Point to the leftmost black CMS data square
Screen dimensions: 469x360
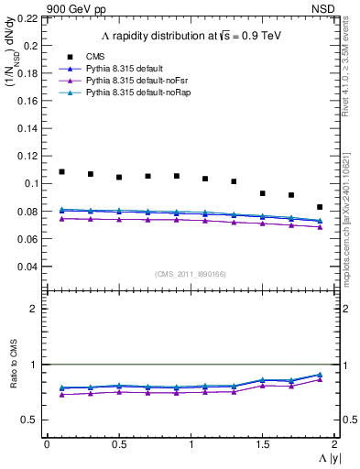pos(61,171)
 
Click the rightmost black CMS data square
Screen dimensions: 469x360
pos(320,207)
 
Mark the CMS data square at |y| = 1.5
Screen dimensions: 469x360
pos(263,193)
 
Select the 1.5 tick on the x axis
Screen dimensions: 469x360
pos(263,444)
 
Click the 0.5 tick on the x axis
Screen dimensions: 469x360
pos(119,444)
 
